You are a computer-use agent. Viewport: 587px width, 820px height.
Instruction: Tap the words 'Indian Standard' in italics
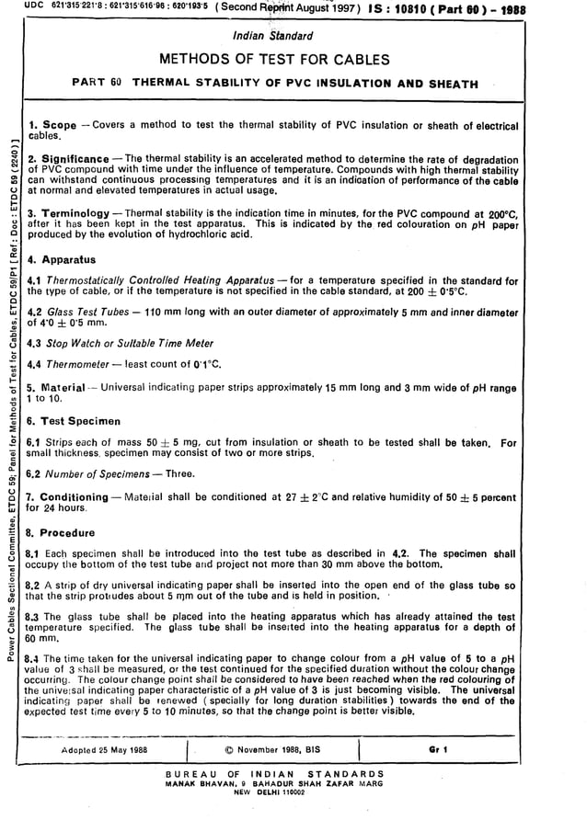(274, 37)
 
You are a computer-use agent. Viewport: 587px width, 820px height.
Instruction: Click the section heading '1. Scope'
(53, 124)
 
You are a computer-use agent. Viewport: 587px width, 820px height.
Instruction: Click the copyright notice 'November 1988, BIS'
(276, 749)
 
